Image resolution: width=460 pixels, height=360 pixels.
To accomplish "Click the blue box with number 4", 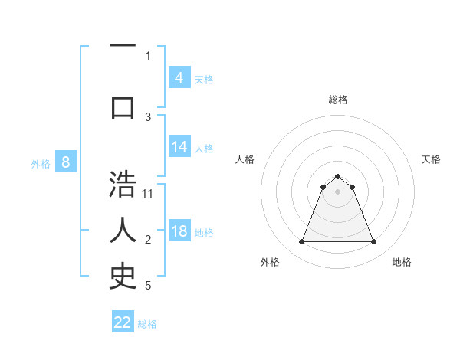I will (x=179, y=78).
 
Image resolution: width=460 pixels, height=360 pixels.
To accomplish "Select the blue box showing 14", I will (x=179, y=147).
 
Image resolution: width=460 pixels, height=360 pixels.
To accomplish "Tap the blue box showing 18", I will (x=179, y=231).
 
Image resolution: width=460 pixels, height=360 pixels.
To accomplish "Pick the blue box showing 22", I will (x=123, y=322).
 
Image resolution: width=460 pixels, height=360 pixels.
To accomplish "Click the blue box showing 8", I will (x=66, y=162).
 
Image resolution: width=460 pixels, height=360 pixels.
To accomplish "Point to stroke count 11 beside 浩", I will (x=148, y=194).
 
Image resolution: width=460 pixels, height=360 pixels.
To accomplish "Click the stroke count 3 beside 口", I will (x=148, y=117).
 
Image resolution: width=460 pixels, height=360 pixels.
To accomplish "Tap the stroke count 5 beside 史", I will (x=148, y=286).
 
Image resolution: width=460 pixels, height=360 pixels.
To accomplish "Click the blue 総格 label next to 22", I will (x=147, y=324).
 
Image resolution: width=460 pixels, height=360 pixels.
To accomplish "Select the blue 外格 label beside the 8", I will (x=41, y=163).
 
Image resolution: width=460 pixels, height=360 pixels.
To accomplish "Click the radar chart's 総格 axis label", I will (x=337, y=100).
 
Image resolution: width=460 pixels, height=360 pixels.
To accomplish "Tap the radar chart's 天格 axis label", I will (x=431, y=159).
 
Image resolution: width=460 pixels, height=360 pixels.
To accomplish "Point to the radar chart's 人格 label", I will (x=245, y=159).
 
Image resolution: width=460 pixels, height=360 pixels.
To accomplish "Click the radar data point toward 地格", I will (x=373, y=242).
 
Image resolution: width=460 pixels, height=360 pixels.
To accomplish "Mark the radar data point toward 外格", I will (x=301, y=242).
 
